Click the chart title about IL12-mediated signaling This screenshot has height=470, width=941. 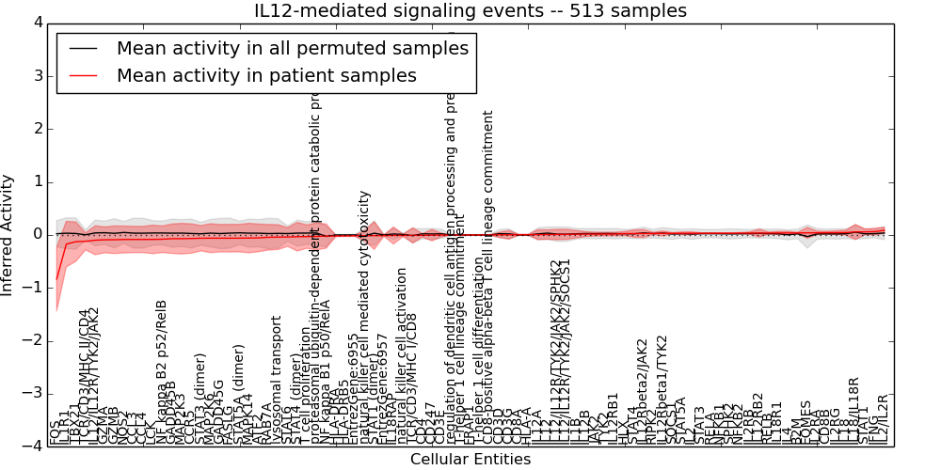470,10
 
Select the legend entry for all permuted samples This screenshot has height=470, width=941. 292,48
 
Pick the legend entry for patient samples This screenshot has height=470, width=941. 266,75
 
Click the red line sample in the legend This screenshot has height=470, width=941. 82,75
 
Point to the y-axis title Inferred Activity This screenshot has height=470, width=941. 8,234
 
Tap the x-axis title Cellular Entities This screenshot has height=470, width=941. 470,460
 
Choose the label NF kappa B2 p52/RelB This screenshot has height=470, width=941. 161,370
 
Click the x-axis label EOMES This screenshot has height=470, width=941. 805,421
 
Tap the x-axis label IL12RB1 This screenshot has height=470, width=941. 613,418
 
